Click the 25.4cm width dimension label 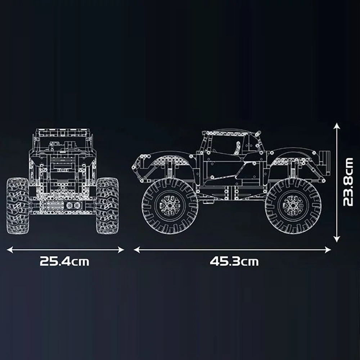coord(64,261)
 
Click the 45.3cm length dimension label coord(234,261)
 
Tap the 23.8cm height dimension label coord(348,182)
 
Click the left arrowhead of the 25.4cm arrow coord(10,250)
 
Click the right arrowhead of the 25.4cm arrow coord(121,250)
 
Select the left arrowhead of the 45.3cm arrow coord(136,250)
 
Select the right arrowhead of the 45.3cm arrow coord(328,250)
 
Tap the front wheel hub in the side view coord(170,206)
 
